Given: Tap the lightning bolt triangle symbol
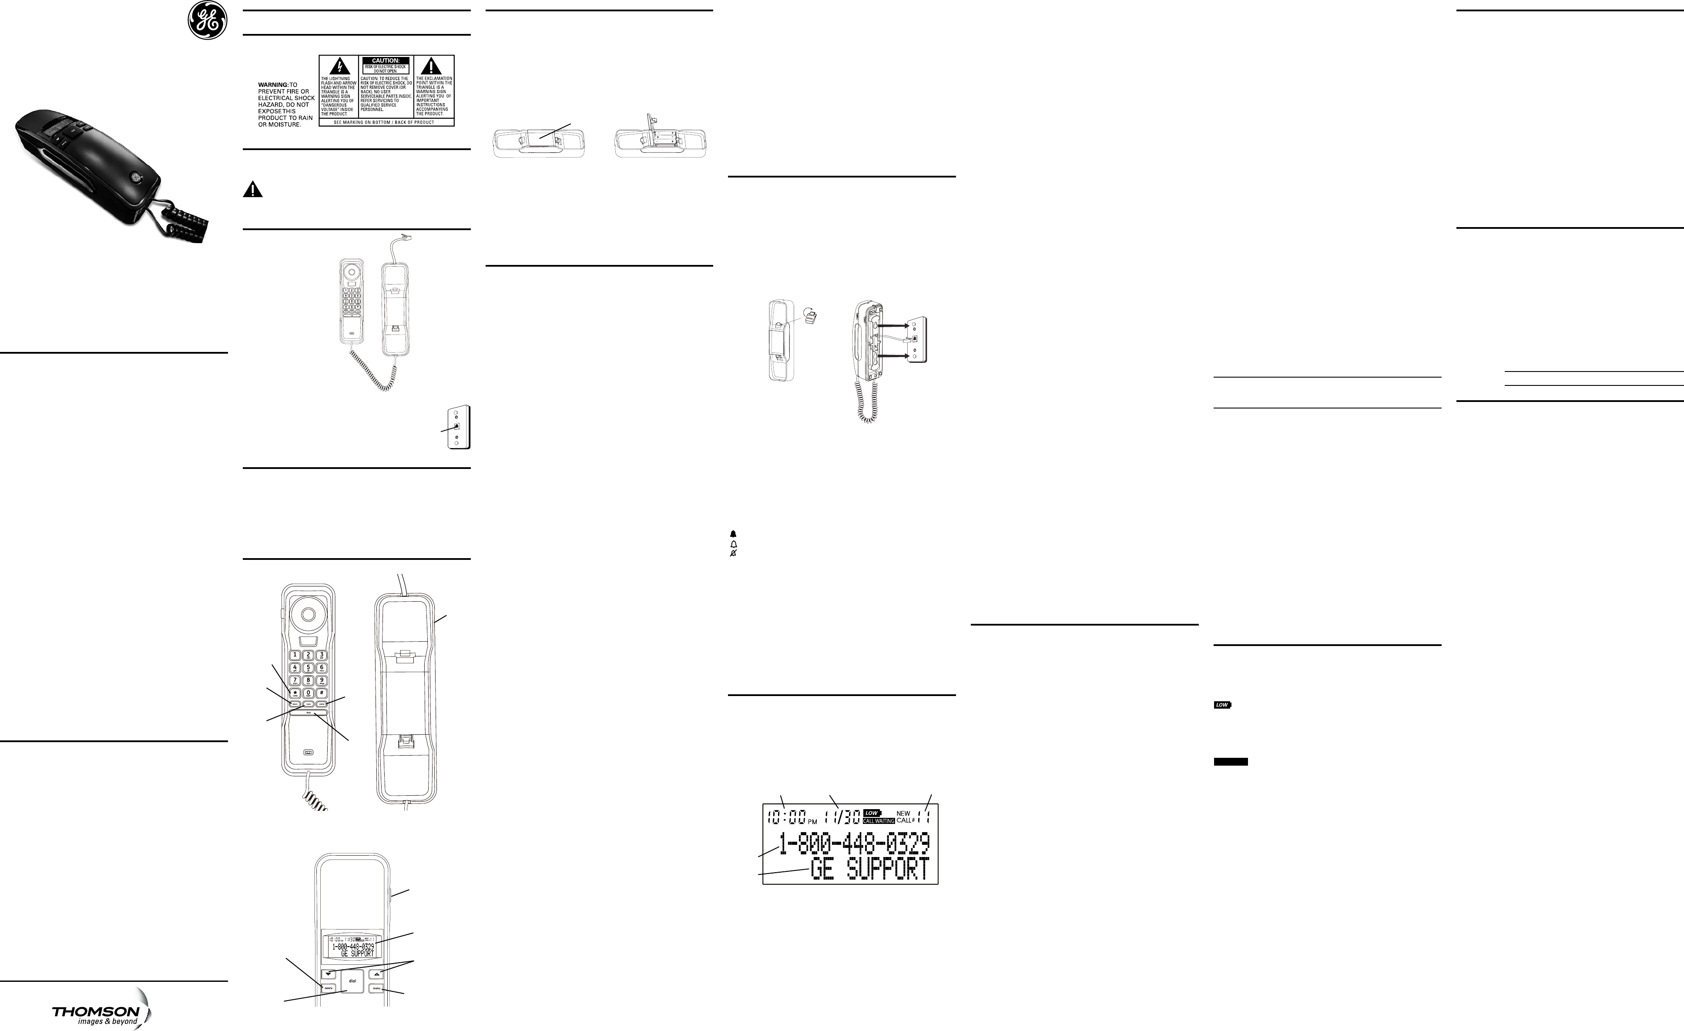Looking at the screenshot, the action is (x=340, y=66).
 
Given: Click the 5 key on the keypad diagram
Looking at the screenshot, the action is (x=308, y=667).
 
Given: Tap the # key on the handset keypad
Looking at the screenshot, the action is (x=321, y=693).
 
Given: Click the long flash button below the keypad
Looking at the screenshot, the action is (x=308, y=713).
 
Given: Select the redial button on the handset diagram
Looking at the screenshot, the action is (x=321, y=704).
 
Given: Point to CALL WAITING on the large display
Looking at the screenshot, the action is (x=878, y=820).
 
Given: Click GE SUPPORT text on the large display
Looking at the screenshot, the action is (x=869, y=869).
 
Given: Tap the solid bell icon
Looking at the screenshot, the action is (x=733, y=534).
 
